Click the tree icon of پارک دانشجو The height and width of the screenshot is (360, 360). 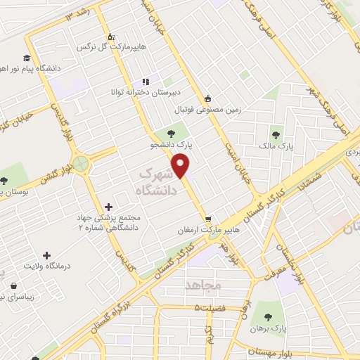[171, 132]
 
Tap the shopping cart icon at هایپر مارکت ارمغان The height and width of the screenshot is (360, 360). [207, 219]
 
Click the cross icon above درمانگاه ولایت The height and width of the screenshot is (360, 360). [46, 255]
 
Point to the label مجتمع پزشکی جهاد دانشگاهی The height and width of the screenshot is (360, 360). [110, 223]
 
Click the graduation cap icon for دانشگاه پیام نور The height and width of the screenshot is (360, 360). [26, 58]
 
